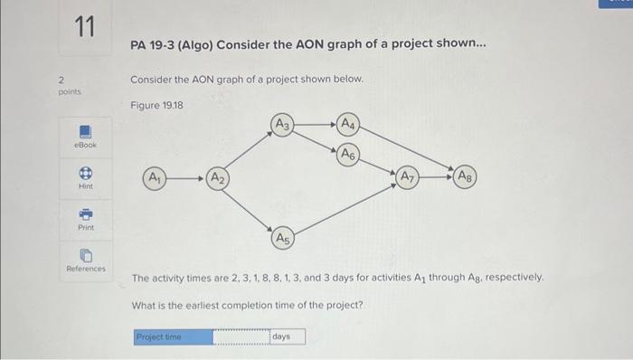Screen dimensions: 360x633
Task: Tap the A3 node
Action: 282,124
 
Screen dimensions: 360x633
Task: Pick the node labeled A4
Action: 349,124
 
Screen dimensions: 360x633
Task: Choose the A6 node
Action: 349,155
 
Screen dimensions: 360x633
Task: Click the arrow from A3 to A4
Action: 315,124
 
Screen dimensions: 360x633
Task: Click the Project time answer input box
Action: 241,336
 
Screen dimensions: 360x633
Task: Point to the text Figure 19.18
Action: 157,106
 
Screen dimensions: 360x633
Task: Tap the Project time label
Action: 158,336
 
